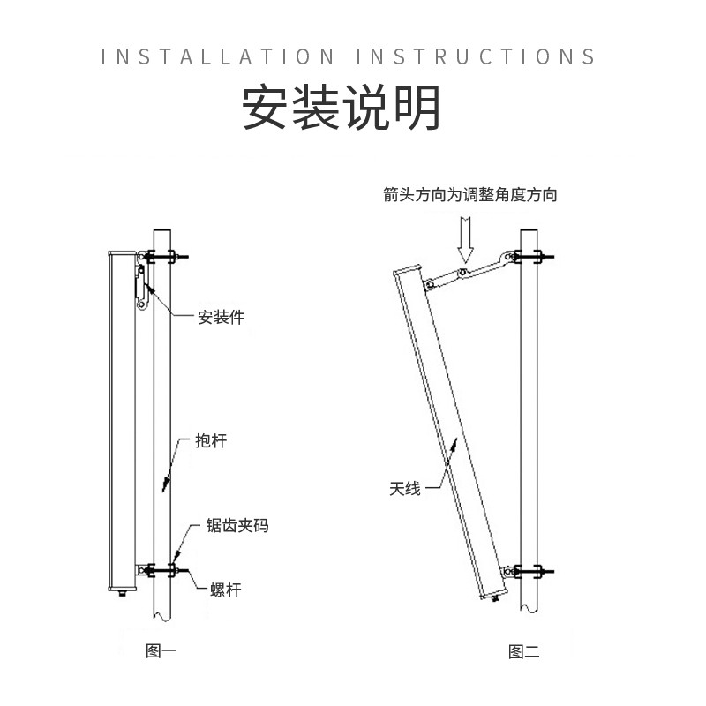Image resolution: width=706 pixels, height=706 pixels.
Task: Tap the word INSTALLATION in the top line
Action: [x=218, y=57]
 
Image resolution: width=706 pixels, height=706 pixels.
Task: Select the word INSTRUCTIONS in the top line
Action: [x=476, y=57]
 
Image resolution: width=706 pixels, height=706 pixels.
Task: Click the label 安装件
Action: [x=221, y=317]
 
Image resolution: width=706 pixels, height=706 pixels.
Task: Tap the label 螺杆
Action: [x=225, y=589]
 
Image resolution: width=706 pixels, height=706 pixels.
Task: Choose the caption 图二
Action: [x=523, y=652]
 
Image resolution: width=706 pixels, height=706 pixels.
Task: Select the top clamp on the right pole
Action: [x=529, y=259]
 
